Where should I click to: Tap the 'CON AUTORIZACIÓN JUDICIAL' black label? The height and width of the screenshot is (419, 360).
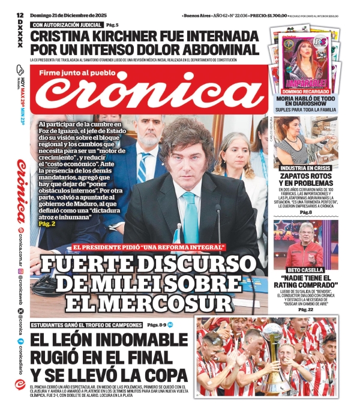coord(67,25)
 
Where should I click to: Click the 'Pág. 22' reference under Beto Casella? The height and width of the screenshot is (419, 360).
coord(306,309)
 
